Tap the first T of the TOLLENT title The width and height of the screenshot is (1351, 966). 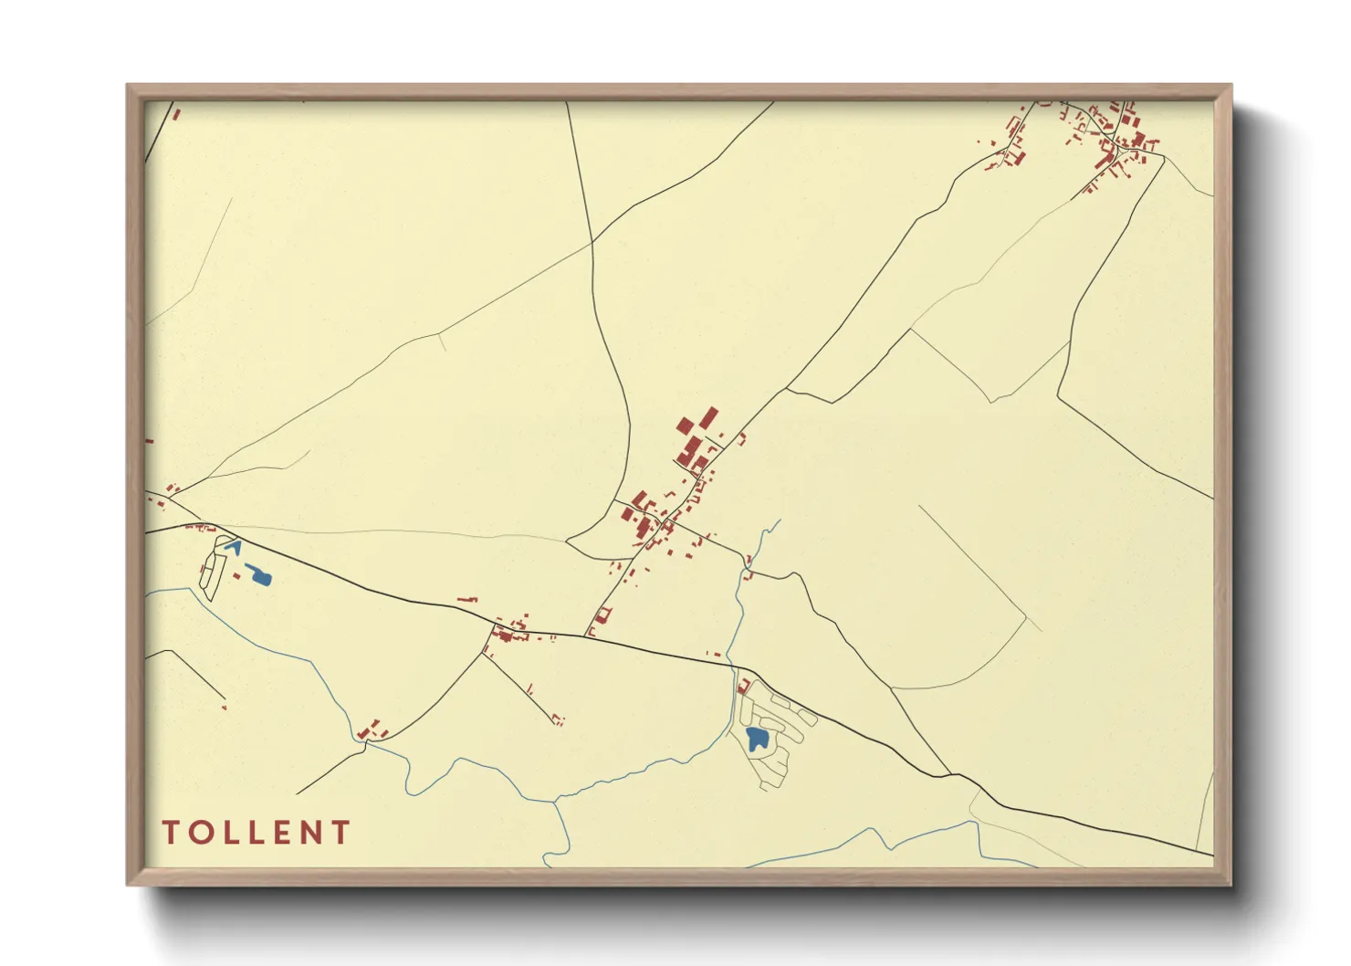(171, 833)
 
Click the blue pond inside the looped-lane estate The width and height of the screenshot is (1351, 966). (756, 738)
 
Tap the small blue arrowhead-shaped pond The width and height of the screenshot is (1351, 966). (233, 547)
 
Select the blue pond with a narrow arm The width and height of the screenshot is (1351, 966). (259, 574)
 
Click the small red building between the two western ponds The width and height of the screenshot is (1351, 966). (236, 576)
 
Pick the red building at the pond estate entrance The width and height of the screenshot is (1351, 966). (743, 686)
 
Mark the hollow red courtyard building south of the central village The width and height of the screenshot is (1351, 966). (602, 615)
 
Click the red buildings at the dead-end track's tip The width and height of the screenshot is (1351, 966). (558, 720)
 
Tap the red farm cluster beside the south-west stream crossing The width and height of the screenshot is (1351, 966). (372, 730)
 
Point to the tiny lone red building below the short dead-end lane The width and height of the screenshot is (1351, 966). (224, 706)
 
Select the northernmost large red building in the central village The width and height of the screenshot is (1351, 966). (709, 418)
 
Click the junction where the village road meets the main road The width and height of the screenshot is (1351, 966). (585, 635)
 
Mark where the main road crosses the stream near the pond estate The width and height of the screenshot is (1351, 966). (733, 666)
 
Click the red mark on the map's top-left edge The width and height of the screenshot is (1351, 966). (176, 115)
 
